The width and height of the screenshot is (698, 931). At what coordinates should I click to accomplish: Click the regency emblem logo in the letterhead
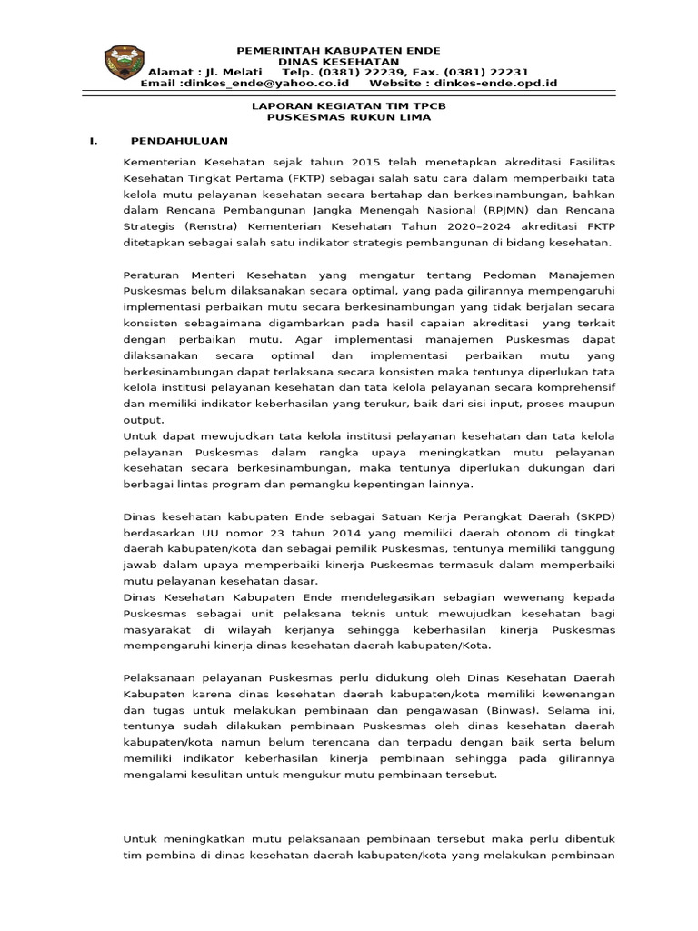point(124,62)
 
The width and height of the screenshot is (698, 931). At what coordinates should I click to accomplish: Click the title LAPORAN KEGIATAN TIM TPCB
point(350,106)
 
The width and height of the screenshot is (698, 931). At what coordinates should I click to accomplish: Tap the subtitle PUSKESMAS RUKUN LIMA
point(350,117)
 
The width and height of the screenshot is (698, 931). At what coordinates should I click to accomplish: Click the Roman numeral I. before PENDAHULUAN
point(92,141)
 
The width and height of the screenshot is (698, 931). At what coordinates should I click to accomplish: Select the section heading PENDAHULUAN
point(180,141)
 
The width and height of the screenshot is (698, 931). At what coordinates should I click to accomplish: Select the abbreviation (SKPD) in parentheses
point(593,516)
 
